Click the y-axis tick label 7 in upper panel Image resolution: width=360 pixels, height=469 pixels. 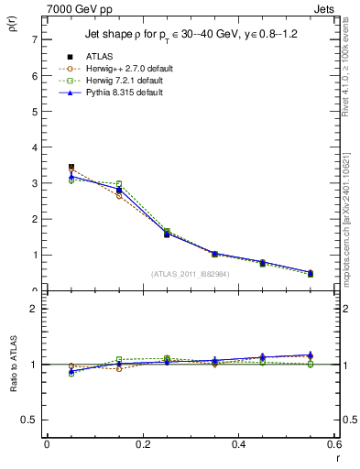click(34, 40)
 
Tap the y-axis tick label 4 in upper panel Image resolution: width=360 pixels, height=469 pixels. click(34, 147)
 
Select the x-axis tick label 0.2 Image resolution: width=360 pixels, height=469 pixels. click(143, 444)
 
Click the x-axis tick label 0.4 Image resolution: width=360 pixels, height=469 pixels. click(238, 444)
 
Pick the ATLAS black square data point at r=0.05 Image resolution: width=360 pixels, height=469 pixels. click(71, 168)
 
